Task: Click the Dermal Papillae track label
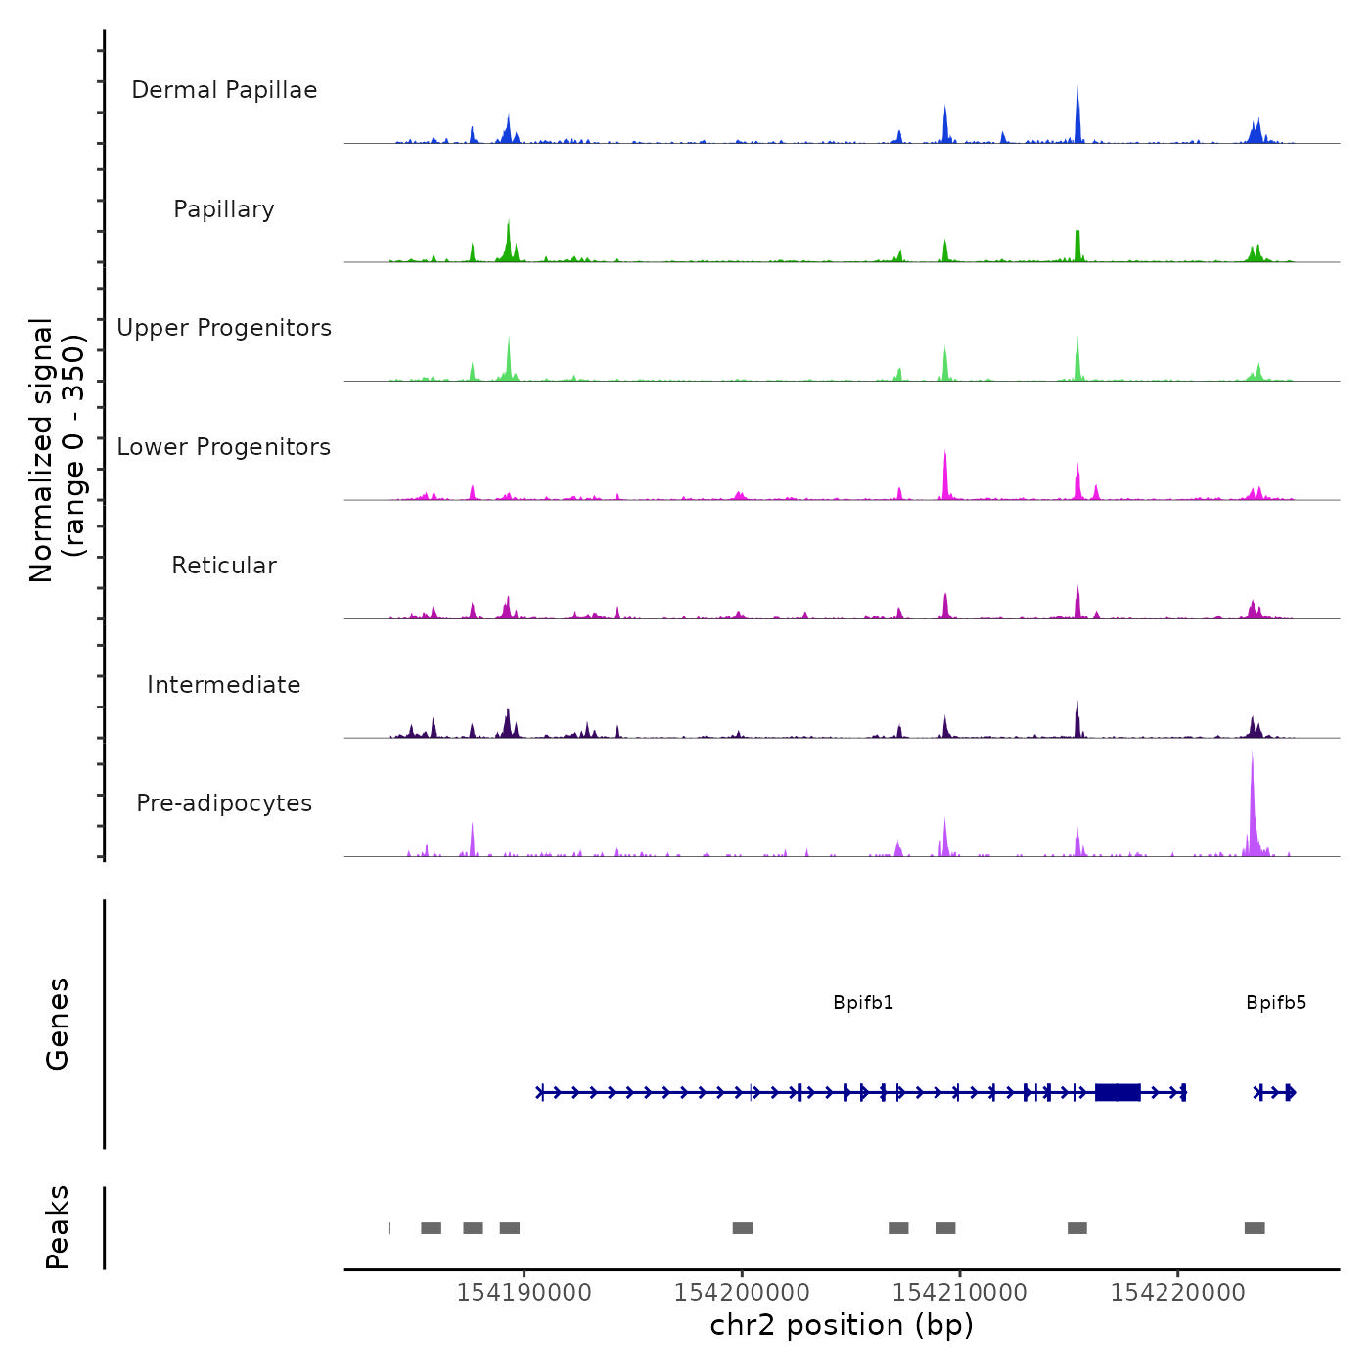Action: click(x=224, y=90)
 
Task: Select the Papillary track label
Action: click(x=224, y=209)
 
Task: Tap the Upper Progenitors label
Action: click(x=224, y=328)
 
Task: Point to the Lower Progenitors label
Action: click(x=224, y=447)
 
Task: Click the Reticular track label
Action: click(x=224, y=566)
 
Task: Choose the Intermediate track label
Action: click(x=224, y=685)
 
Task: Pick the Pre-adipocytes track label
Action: click(x=224, y=803)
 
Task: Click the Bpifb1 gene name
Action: click(x=863, y=1003)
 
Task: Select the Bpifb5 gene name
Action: click(x=1276, y=1003)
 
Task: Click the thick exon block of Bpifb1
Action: click(x=1118, y=1092)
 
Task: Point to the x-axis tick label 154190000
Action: click(x=524, y=1293)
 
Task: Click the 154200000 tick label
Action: click(x=742, y=1293)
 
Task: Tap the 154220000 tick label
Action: click(x=1177, y=1293)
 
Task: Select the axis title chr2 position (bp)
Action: click(x=842, y=1325)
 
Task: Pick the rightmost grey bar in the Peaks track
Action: click(x=1255, y=1228)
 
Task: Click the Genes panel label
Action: click(x=57, y=1024)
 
